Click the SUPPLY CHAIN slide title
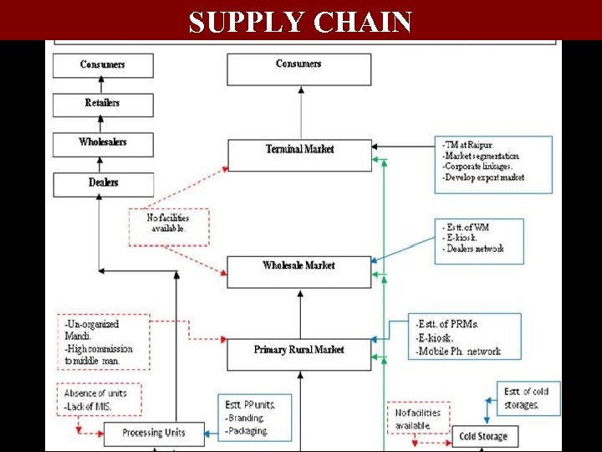(300, 22)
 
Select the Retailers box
(103, 104)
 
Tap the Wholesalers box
(103, 143)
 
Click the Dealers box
(103, 183)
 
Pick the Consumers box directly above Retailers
(103, 65)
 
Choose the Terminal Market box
(299, 150)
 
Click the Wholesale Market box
(299, 266)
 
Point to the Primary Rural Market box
(299, 350)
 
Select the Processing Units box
(153, 433)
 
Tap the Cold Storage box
(483, 436)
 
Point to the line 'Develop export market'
(485, 178)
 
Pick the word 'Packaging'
(247, 431)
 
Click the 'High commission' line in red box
(99, 349)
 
